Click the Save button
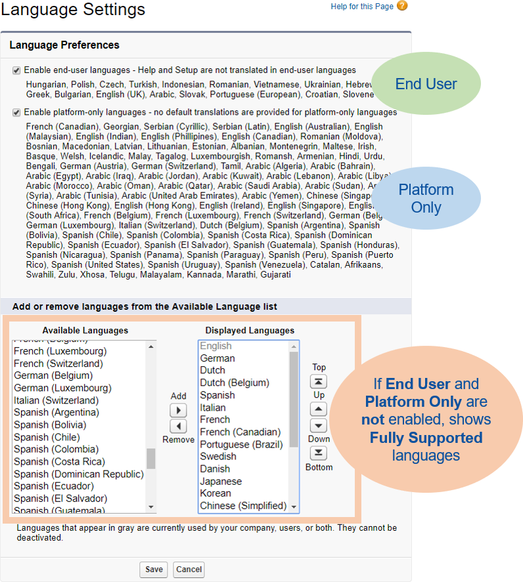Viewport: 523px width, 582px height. click(x=154, y=569)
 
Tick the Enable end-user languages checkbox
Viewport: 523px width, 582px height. click(x=16, y=70)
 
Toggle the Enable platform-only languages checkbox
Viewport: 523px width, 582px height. click(x=16, y=112)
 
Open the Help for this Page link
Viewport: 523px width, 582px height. click(x=362, y=7)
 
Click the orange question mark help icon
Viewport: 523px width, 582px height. click(x=402, y=6)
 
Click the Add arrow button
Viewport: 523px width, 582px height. click(x=178, y=410)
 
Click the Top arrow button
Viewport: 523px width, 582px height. click(x=319, y=382)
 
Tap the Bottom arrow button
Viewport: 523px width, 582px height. click(x=319, y=453)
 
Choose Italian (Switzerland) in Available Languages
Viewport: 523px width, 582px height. click(x=56, y=400)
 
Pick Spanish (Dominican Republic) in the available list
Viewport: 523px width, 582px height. click(x=78, y=474)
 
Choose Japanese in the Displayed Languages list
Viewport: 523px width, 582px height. click(x=221, y=481)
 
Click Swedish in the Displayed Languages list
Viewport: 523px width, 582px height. click(x=218, y=456)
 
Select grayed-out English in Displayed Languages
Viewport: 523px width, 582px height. click(x=216, y=346)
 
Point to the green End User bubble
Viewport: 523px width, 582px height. click(x=426, y=84)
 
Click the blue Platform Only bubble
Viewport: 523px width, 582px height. click(x=426, y=198)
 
